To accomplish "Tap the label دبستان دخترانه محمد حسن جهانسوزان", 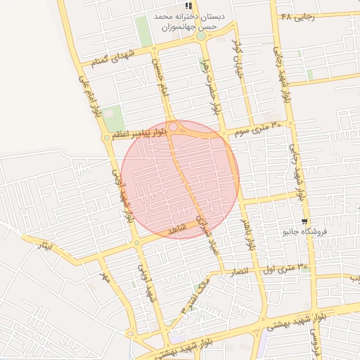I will pos(189,21).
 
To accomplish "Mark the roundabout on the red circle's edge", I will pos(174,127).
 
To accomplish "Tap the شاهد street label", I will pos(176,231).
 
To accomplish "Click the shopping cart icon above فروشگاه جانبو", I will pos(303,221).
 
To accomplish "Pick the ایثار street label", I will pos(44,246).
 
